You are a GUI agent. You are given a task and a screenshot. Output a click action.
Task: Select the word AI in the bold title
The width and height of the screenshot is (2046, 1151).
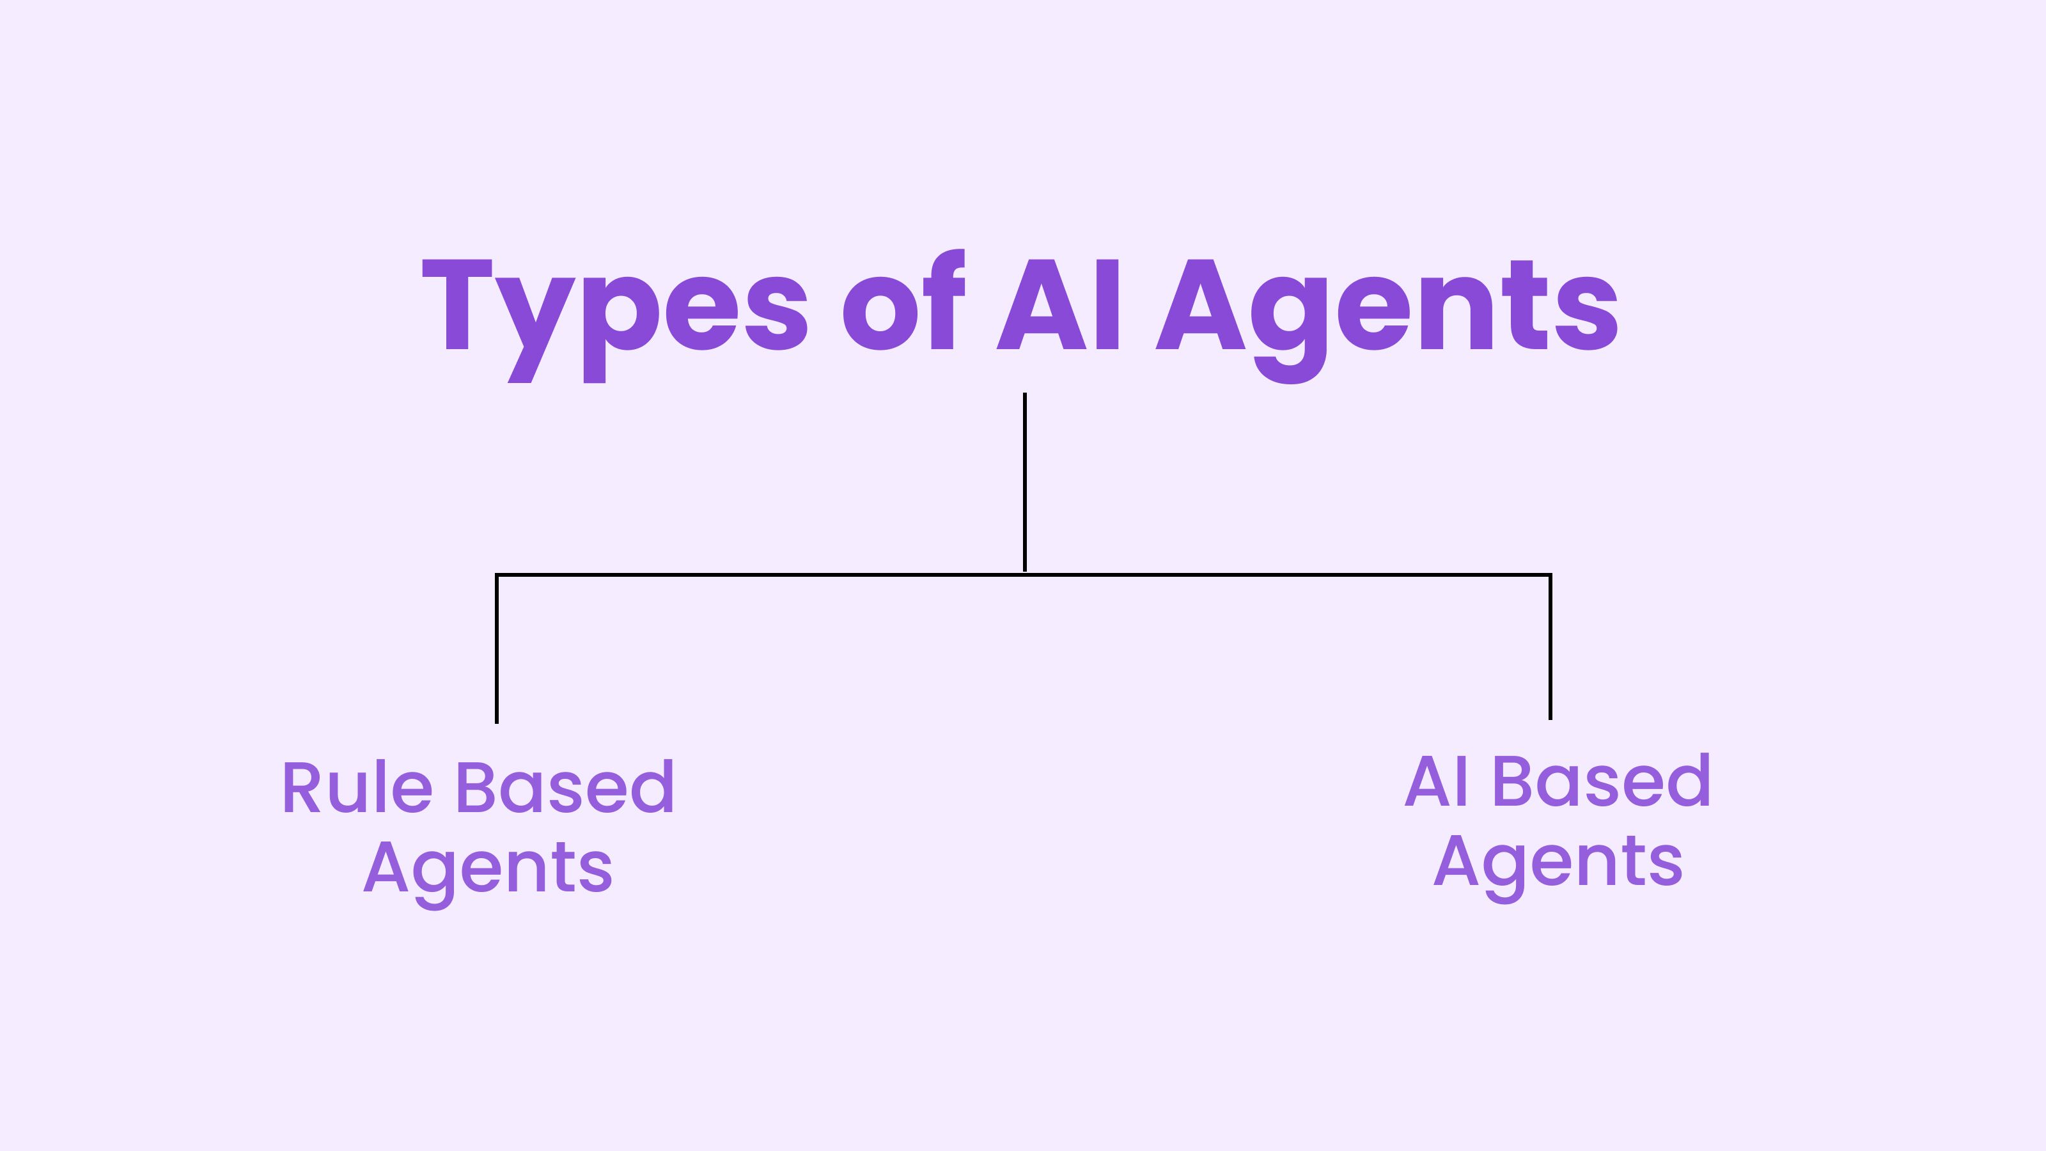[1057, 304]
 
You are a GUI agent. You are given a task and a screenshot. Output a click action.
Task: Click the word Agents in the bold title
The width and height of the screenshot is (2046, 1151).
[1387, 322]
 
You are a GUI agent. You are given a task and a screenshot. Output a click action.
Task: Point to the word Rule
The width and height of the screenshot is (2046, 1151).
[357, 787]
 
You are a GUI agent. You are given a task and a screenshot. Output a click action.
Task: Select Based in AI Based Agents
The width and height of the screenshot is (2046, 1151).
[1603, 780]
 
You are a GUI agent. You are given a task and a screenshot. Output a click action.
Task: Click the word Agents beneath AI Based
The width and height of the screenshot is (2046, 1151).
[1558, 868]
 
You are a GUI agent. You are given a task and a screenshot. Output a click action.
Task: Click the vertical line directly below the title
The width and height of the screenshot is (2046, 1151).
[1024, 482]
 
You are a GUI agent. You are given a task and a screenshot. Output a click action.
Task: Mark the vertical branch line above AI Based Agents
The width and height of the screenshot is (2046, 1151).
[1550, 647]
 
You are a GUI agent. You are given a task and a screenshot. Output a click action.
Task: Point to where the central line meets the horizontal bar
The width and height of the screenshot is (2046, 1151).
[1024, 574]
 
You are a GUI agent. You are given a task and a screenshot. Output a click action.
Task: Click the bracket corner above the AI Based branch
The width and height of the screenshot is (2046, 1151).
[1550, 574]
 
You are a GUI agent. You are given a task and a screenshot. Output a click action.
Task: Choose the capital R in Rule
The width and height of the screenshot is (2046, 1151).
[302, 787]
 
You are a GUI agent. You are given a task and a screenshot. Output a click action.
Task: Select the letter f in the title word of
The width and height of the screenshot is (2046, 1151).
[944, 299]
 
